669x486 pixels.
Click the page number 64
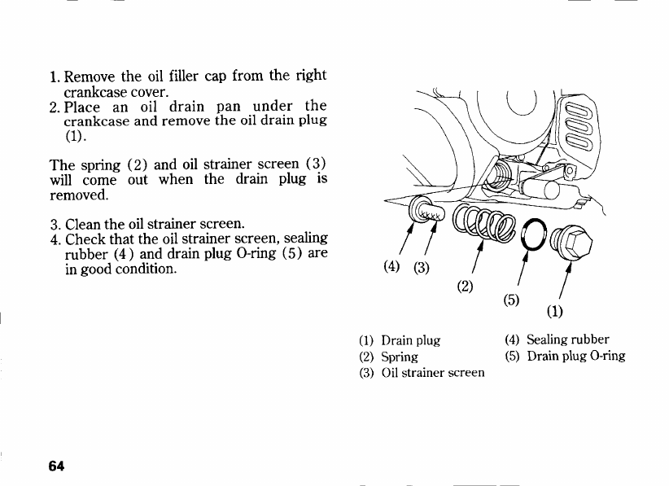tap(56, 466)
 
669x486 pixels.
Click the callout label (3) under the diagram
tap(422, 268)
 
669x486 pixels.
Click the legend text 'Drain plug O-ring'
tap(576, 356)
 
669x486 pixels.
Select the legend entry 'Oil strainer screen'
tap(432, 373)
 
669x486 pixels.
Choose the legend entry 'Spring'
tap(400, 357)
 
